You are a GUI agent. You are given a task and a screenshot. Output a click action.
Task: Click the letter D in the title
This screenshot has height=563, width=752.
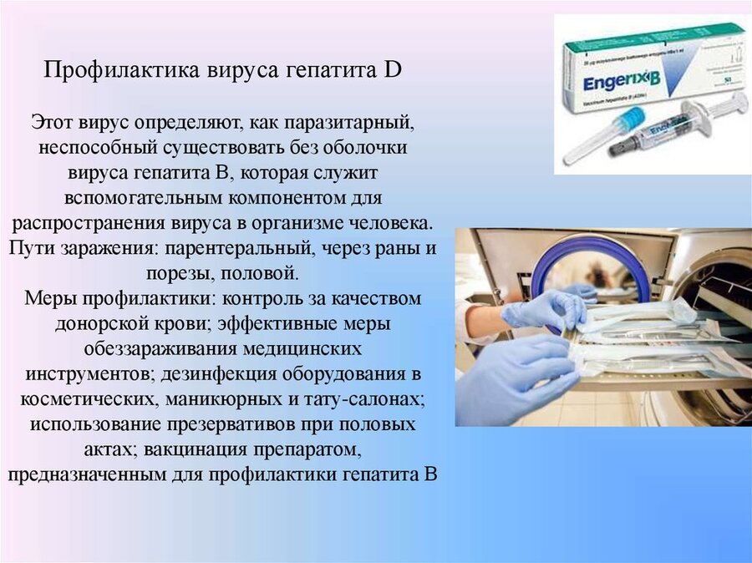tap(393, 70)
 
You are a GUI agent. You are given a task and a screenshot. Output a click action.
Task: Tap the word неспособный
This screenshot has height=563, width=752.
tap(98, 147)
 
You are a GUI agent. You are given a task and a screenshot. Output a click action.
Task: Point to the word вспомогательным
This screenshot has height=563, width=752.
tap(144, 198)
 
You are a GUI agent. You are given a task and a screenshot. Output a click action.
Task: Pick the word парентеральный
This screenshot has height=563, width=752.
tap(242, 249)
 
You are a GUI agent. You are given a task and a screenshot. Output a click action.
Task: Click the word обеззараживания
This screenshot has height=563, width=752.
tap(160, 348)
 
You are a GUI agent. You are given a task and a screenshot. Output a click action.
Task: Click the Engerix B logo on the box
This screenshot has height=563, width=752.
tap(622, 84)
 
